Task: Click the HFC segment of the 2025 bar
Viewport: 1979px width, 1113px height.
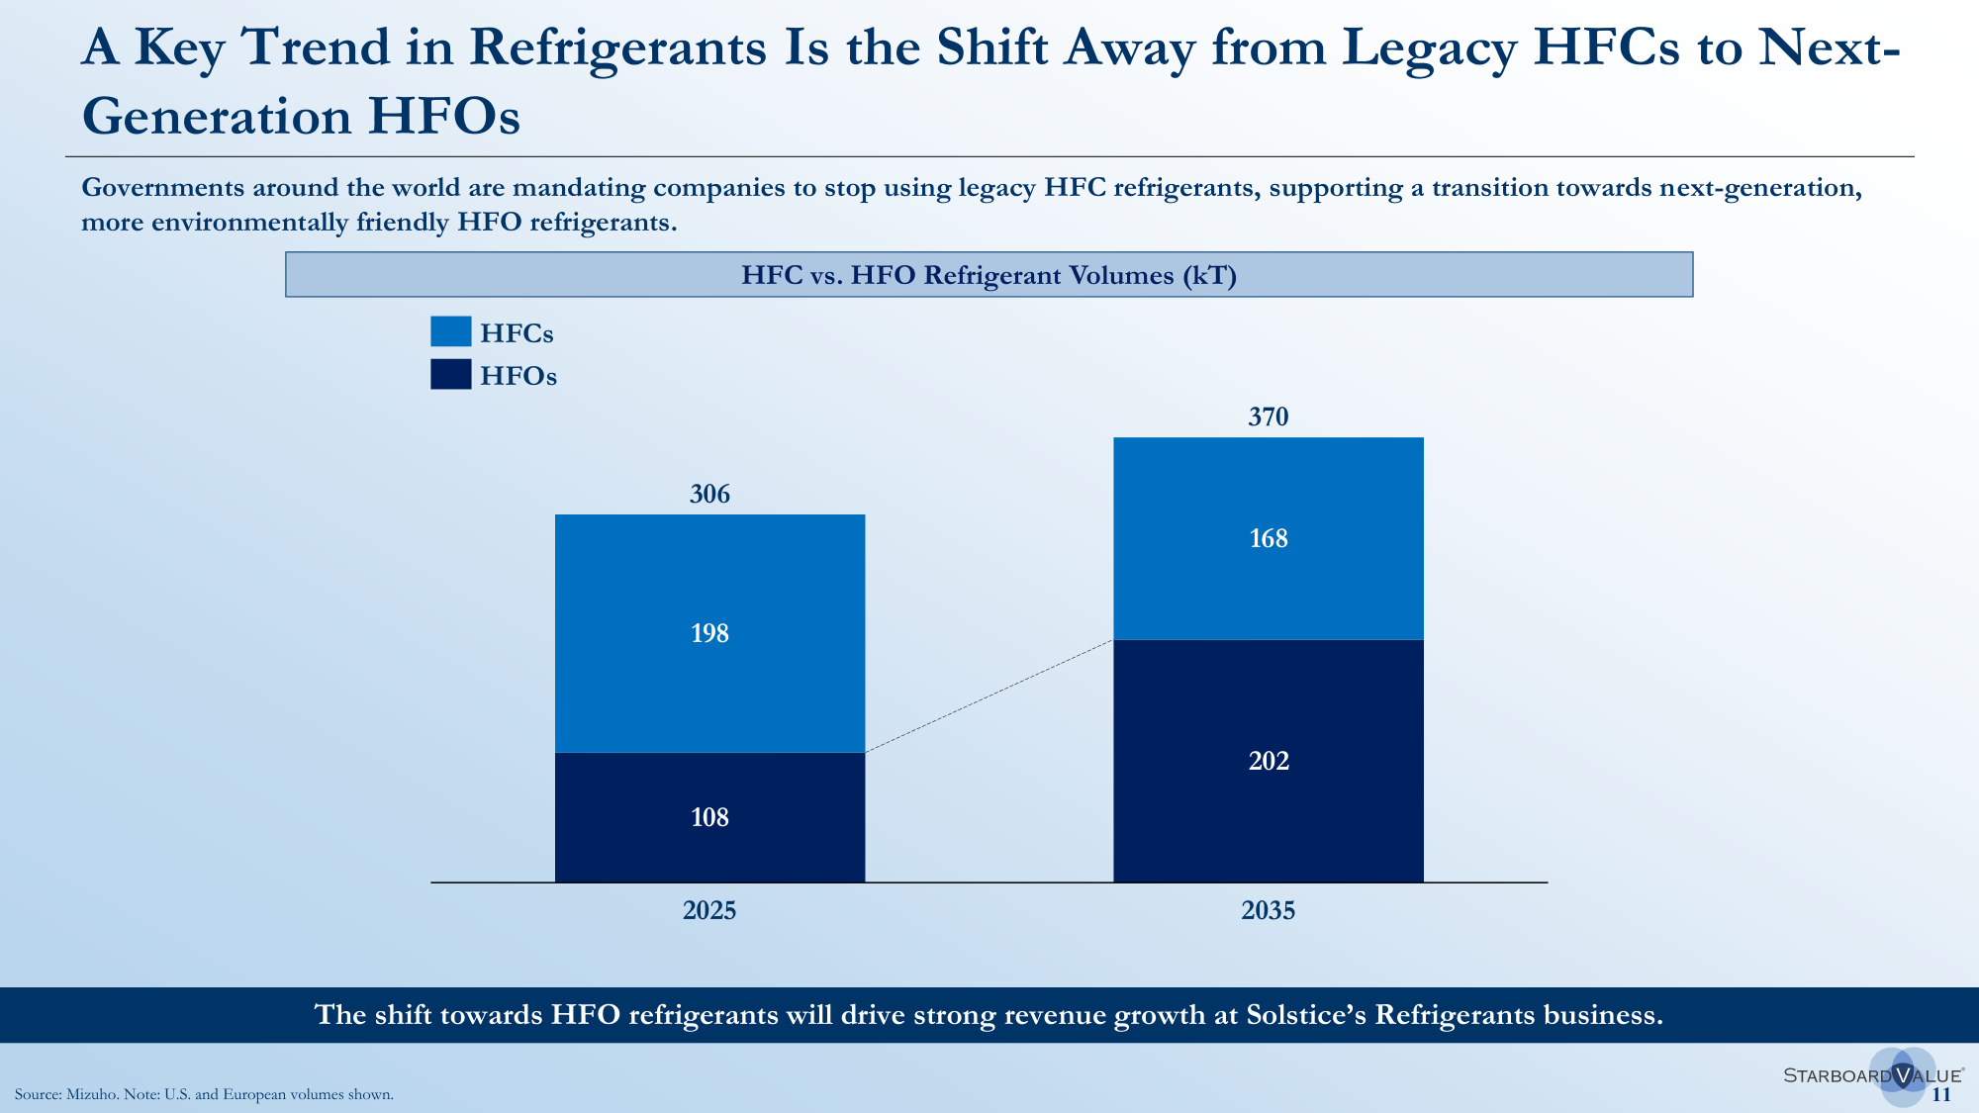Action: point(709,633)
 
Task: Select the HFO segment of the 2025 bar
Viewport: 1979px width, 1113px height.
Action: point(709,817)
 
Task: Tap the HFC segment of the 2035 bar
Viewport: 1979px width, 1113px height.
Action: point(1269,538)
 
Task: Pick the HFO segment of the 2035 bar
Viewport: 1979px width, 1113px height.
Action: point(1269,761)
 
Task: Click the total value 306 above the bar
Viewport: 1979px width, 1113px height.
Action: point(709,494)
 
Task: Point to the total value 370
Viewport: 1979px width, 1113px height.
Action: point(1269,417)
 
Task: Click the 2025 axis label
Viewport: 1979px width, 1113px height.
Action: point(709,910)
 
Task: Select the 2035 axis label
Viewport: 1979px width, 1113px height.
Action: point(1269,910)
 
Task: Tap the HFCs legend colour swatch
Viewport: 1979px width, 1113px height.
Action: point(451,331)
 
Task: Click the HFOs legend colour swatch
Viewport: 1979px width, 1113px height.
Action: point(451,374)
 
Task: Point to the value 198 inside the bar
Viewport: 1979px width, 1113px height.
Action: point(709,633)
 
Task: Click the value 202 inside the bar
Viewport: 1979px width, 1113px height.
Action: point(1269,761)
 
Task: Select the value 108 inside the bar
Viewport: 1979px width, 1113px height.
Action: point(709,817)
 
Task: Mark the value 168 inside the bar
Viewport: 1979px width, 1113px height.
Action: point(1269,538)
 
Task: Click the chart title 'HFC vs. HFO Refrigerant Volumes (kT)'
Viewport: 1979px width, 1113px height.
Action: point(989,275)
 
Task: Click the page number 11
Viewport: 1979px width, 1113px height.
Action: point(1941,1094)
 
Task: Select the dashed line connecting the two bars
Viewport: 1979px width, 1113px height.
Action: point(989,696)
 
